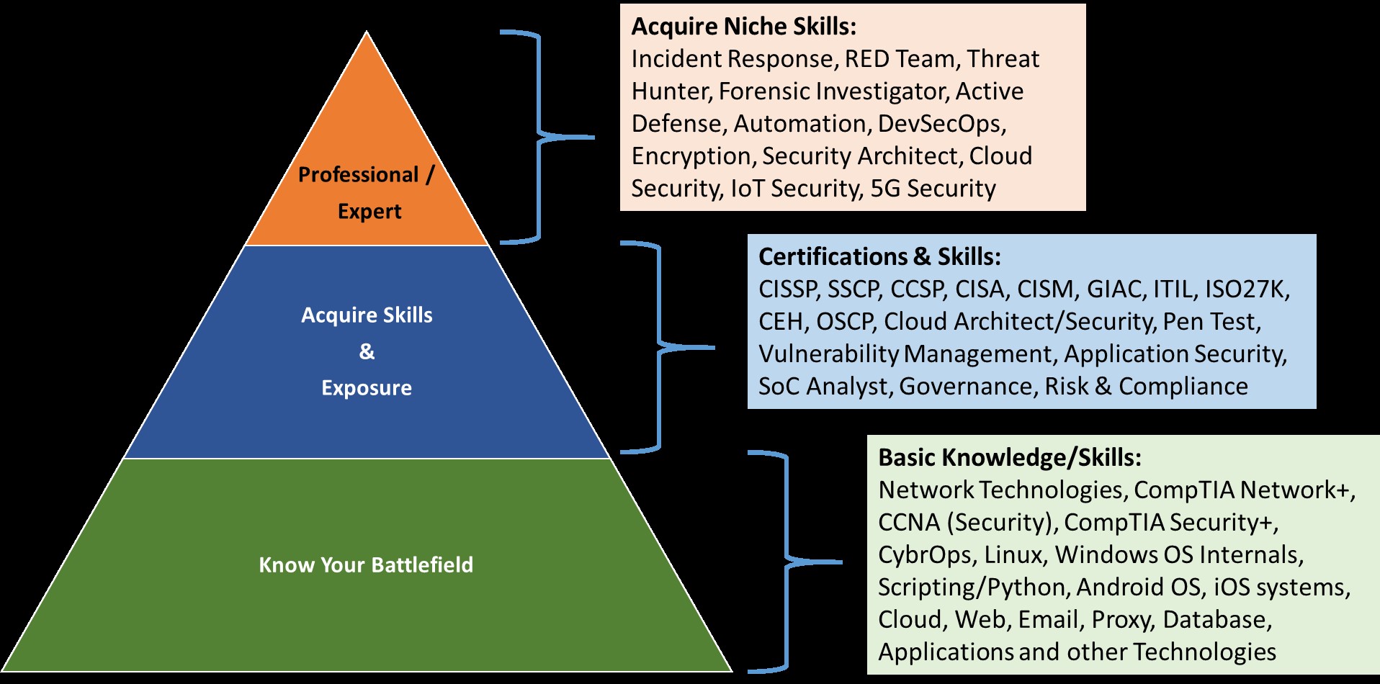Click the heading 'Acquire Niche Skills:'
coord(744,27)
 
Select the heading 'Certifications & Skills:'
coord(879,257)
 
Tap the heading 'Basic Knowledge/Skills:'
coord(1010,458)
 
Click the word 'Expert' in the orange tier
coord(369,212)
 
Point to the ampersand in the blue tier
coord(367,351)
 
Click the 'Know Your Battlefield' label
coord(366,565)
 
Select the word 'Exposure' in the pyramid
coord(367,388)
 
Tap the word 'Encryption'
coord(691,157)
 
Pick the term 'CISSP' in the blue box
coord(787,289)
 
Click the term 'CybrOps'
coord(924,556)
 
